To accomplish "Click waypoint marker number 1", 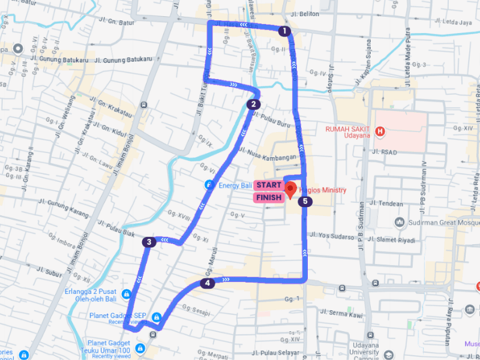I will click(x=284, y=31).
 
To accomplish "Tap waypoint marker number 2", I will click(x=254, y=104).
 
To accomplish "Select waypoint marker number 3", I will click(x=148, y=242).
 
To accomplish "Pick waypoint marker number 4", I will click(x=207, y=283).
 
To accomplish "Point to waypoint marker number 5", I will click(x=305, y=202).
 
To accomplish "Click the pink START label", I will click(x=269, y=185).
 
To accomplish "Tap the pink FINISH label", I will click(x=269, y=197).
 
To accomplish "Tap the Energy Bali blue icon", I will click(x=208, y=185).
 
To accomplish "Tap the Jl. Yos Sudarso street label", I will click(x=332, y=236).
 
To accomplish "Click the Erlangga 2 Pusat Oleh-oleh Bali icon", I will click(x=127, y=293).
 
